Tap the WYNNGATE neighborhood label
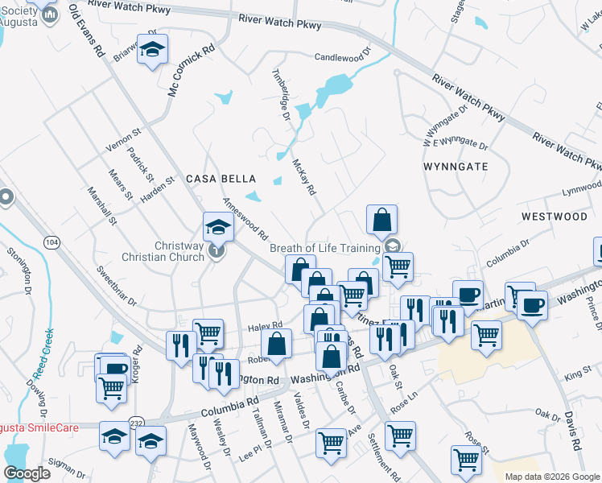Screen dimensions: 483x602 [456, 167]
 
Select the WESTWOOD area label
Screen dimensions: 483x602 [554, 217]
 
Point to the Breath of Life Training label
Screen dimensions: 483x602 [326, 247]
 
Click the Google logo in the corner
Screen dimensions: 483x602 [27, 473]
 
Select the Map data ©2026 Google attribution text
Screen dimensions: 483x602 [552, 477]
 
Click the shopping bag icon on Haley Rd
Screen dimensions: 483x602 [276, 344]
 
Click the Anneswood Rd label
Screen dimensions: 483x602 [245, 219]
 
